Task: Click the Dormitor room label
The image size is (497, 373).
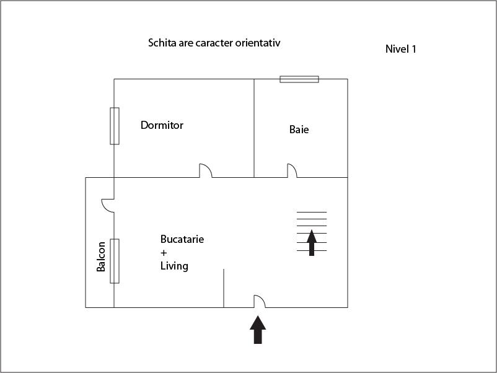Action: (162, 125)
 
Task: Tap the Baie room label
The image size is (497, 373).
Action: (299, 129)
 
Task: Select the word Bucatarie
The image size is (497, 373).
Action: (182, 239)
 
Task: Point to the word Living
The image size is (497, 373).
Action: (174, 266)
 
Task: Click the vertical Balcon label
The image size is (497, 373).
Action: (101, 257)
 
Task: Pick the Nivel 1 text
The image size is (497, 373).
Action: (401, 49)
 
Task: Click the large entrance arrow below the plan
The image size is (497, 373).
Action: (258, 330)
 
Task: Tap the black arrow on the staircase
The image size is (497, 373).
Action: (312, 243)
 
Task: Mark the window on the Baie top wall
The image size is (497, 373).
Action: (299, 79)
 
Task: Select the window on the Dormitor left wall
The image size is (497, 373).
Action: (115, 126)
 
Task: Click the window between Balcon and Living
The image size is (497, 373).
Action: (115, 261)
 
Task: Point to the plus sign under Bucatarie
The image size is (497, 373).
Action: (164, 253)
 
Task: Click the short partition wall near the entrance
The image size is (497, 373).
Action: (224, 288)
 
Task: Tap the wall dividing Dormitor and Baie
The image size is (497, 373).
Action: (254, 128)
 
